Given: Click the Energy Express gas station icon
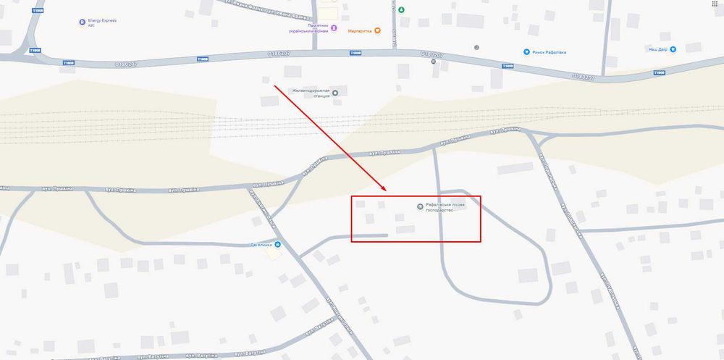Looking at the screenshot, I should coord(82,22).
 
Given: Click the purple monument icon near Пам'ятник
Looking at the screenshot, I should coord(334,29).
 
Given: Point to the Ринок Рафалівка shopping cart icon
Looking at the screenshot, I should coord(526,51).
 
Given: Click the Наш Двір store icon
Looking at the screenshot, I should coord(673,49).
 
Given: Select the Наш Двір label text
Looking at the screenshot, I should coord(657,49).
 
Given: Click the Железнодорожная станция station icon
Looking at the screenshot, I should coord(334,92).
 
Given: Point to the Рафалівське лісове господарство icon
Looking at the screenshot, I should coord(419,208).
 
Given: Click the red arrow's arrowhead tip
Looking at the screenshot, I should coord(387,192).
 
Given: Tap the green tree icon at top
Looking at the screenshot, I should coord(401,10).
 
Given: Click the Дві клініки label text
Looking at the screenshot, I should coord(261,244).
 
